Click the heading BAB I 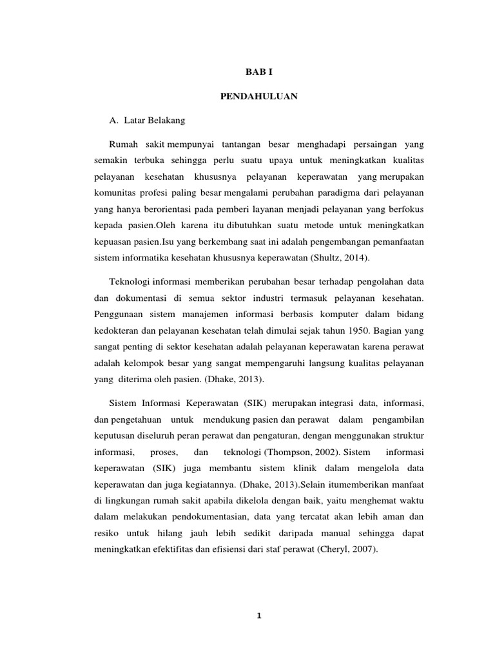tap(258, 73)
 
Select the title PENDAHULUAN tap(258, 96)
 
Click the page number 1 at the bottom tap(258, 616)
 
